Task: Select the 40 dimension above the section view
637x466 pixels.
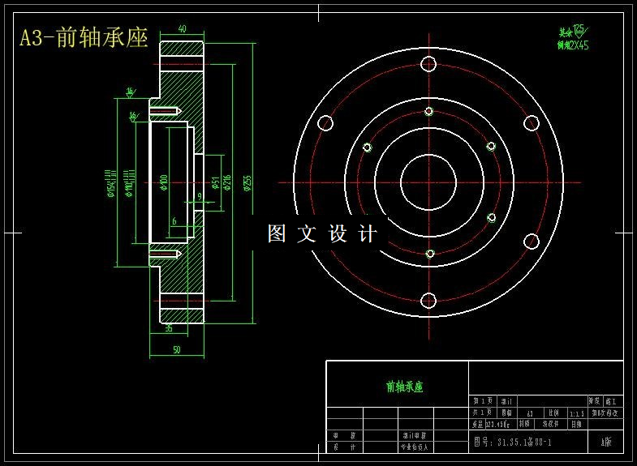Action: coord(182,29)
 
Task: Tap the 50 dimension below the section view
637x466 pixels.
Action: coord(177,349)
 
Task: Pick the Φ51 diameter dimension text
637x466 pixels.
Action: coord(214,182)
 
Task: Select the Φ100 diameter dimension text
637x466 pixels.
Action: coord(164,183)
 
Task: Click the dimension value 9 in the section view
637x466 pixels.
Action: coord(199,196)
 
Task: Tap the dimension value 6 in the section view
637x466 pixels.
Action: coord(174,221)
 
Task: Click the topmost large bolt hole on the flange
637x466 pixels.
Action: coord(428,65)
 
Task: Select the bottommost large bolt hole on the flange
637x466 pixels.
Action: coord(428,301)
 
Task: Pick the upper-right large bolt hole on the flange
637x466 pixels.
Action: coord(532,123)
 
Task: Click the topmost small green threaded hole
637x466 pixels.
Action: coord(429,112)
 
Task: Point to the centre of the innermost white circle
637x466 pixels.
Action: coord(428,182)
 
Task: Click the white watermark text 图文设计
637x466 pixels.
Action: coord(322,234)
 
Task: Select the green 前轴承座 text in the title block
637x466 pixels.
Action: coord(404,387)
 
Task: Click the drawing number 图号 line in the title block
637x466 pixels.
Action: coord(512,442)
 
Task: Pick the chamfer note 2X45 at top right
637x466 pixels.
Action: coord(573,45)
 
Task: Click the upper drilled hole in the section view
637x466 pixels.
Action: coord(165,109)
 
